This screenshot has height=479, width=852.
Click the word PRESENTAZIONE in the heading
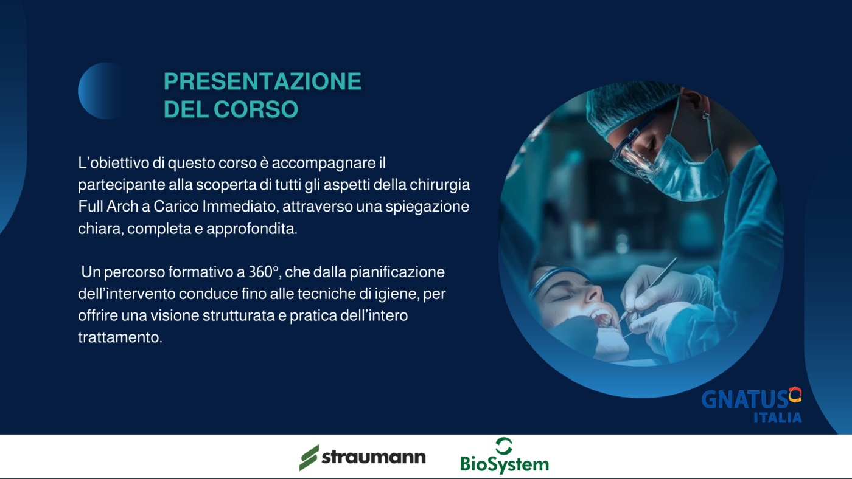tap(262, 81)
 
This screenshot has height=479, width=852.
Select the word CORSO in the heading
tap(256, 109)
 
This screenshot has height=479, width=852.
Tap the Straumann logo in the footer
tap(363, 457)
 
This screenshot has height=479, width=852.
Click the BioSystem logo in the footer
tap(505, 456)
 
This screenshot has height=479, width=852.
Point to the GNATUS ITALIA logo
tap(752, 405)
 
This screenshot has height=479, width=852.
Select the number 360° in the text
tap(263, 272)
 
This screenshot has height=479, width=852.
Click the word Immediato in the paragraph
tap(239, 207)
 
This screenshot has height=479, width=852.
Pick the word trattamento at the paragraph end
tap(120, 337)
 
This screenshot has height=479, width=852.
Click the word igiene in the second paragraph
tap(395, 294)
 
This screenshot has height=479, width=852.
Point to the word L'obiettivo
tap(113, 163)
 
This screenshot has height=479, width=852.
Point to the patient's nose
tap(594, 293)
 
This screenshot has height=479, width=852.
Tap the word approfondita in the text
tap(251, 229)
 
